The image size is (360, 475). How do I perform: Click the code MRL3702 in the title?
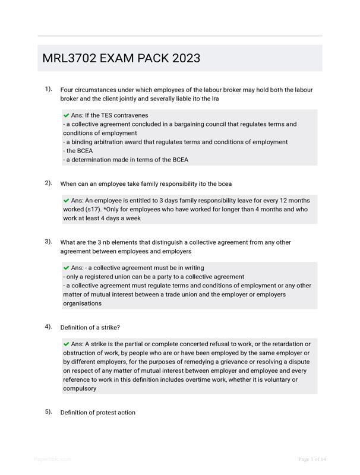click(70, 58)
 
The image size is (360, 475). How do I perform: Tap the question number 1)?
click(48, 89)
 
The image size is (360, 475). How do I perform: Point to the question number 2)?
click(48, 183)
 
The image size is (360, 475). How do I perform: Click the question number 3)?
click(48, 242)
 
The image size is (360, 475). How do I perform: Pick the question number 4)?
click(48, 327)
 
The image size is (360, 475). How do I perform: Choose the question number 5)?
click(48, 411)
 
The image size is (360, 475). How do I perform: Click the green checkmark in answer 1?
click(66, 115)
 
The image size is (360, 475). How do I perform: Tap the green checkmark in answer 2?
click(66, 201)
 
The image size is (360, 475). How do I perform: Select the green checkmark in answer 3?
click(66, 268)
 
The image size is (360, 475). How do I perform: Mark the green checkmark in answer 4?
click(66, 344)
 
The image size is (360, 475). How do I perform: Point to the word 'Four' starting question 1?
click(68, 90)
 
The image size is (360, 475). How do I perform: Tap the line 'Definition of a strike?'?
click(90, 328)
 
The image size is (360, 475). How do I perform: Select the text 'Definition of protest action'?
click(97, 413)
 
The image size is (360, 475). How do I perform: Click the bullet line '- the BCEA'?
click(78, 151)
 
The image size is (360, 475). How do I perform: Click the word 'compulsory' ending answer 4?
click(80, 389)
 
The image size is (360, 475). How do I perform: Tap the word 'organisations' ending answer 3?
click(82, 303)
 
